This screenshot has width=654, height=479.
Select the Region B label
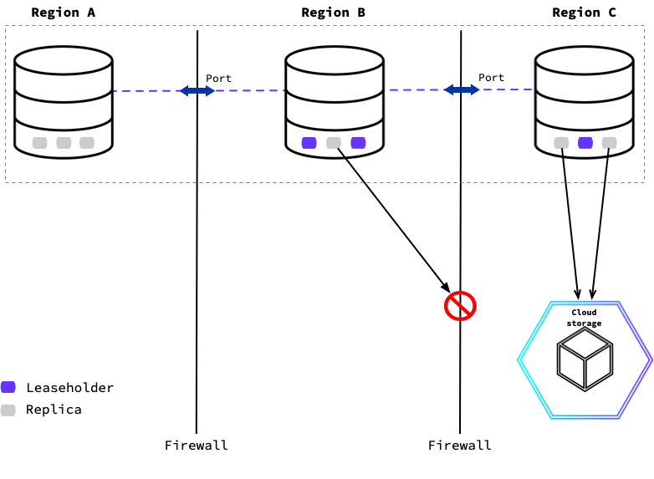(x=333, y=13)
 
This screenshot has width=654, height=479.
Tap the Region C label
(x=584, y=13)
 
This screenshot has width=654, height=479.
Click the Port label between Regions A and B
(x=219, y=78)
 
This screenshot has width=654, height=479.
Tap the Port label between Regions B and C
(x=491, y=78)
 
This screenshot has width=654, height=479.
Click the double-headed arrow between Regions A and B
(x=197, y=90)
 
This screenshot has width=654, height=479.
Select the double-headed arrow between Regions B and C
(x=461, y=89)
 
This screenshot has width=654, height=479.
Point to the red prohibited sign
(x=459, y=306)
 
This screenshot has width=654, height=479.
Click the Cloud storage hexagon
(x=585, y=359)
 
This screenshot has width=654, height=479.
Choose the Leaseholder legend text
(x=69, y=388)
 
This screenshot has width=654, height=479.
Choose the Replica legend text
(x=54, y=410)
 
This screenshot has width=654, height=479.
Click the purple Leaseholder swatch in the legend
(x=8, y=387)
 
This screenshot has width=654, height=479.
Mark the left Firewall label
(x=197, y=445)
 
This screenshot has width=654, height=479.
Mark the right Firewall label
(x=460, y=445)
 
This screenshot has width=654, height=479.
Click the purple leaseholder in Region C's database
(x=585, y=143)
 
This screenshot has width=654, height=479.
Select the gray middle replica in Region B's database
(x=334, y=143)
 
